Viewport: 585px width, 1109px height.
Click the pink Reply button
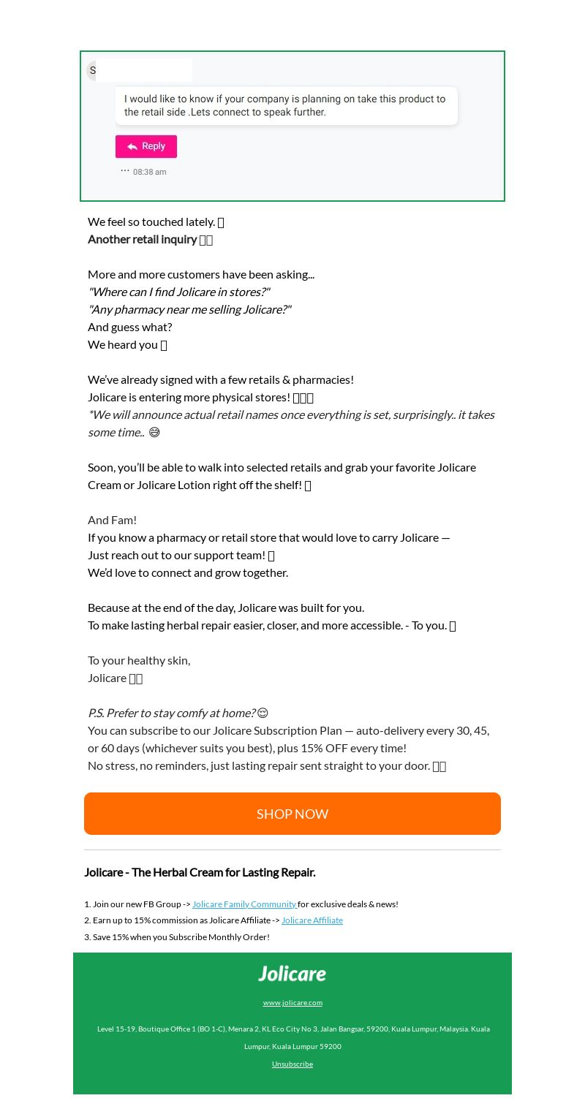click(x=146, y=146)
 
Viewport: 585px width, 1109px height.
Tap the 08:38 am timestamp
click(x=150, y=173)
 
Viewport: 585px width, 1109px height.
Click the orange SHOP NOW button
click(x=292, y=814)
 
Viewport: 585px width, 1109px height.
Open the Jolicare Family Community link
click(x=244, y=904)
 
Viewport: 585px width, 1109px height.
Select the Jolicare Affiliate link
click(x=312, y=920)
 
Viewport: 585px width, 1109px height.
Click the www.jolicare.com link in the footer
click(x=292, y=1002)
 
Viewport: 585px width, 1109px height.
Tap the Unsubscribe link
click(x=292, y=1064)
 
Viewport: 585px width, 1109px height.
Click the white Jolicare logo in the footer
click(x=292, y=974)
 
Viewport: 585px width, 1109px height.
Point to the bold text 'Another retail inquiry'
click(x=143, y=239)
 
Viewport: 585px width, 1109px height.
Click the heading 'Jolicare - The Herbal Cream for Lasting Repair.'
click(x=200, y=872)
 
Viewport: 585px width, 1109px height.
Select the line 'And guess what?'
click(x=130, y=327)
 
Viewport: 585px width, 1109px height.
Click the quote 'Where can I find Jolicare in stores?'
click(x=179, y=292)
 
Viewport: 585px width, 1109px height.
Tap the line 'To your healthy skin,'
click(x=139, y=660)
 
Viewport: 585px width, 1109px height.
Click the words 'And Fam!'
click(x=113, y=520)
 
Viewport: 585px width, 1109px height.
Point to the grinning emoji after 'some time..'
click(x=154, y=432)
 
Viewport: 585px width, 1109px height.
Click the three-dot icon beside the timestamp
click(x=125, y=170)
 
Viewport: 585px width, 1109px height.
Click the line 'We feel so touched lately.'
click(x=151, y=222)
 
